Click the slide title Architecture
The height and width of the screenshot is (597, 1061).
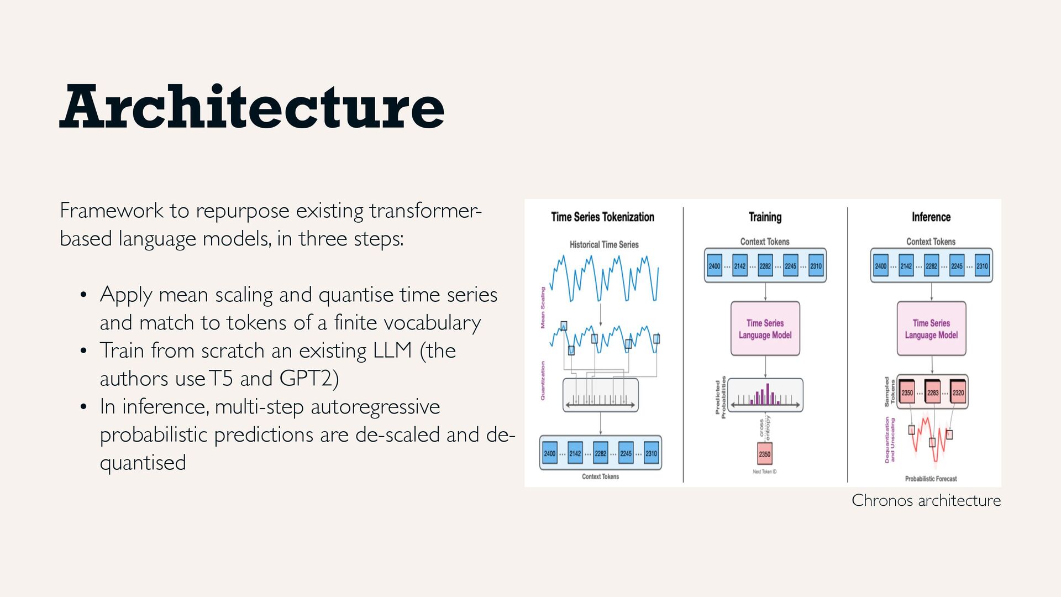(252, 107)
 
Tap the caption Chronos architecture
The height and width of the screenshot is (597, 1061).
(926, 500)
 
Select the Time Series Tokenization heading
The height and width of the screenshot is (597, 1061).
(602, 217)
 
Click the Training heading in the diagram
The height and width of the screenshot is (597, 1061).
(765, 217)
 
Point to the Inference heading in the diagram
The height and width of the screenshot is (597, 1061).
(931, 217)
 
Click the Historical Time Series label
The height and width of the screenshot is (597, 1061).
(604, 244)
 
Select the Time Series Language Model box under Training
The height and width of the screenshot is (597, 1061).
(765, 329)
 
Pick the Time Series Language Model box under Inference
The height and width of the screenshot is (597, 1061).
(931, 329)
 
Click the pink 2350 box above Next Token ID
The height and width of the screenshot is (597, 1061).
(764, 454)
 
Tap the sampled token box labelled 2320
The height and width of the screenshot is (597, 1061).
(958, 392)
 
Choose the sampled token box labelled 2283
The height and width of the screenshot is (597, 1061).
(933, 392)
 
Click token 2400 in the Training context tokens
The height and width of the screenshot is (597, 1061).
(715, 266)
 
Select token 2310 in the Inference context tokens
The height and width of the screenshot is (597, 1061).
(982, 266)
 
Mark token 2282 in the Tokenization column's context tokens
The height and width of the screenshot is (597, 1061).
(600, 453)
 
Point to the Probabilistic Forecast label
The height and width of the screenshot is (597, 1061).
(931, 479)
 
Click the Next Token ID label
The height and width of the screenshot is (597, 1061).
(764, 472)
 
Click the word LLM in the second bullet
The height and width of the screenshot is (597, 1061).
(392, 350)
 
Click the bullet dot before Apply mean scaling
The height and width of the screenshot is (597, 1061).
(83, 295)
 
